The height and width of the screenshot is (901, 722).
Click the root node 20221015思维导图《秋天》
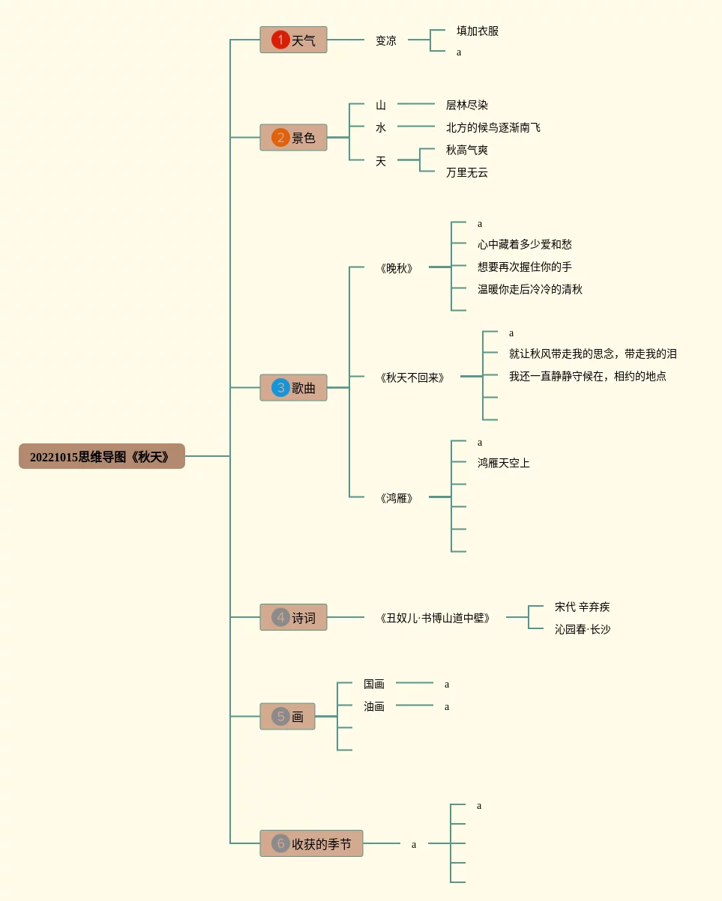pos(101,456)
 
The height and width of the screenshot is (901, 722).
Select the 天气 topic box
pos(294,40)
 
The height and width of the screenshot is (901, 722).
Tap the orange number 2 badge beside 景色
pos(280,137)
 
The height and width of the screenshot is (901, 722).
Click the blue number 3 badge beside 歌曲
pos(280,387)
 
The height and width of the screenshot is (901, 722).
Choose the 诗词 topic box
pos(294,617)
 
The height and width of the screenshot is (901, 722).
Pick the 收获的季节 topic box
pos(312,843)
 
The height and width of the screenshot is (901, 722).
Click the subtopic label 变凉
pos(386,40)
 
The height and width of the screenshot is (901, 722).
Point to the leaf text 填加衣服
pos(478,31)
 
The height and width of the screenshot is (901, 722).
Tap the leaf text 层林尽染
pos(467,105)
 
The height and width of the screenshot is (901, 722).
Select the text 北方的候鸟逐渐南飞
pos(493,127)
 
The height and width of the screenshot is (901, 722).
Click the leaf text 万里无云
pos(467,172)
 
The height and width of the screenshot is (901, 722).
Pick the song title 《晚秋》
pos(397,268)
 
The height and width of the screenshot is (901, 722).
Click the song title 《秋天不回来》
pos(412,377)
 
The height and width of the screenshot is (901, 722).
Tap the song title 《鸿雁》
pos(397,498)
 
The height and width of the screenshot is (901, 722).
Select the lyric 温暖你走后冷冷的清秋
pos(530,289)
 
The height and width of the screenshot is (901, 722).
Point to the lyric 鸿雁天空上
pos(504,463)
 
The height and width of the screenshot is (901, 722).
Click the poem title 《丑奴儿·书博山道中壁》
pos(435,618)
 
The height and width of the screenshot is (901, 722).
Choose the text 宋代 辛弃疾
pos(583,607)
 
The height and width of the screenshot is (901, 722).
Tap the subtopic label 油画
pos(374,706)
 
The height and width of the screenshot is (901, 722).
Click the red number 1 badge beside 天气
pos(280,40)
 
